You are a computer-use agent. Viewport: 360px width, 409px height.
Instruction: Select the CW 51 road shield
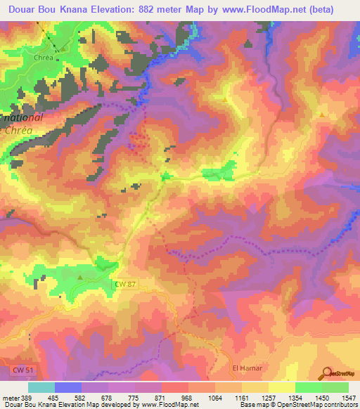22,369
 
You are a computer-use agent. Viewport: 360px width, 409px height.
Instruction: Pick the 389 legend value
27,398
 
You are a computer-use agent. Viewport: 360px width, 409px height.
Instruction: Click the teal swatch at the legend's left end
41,387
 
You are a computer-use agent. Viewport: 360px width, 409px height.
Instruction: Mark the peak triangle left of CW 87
79,277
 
